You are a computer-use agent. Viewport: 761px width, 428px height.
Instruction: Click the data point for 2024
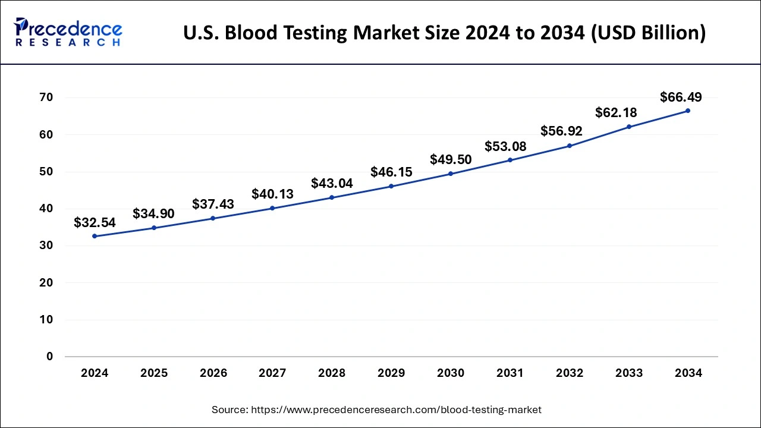click(95, 236)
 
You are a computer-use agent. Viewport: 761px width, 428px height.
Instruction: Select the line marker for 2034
click(688, 111)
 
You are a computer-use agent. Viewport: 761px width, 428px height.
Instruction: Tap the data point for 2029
click(391, 186)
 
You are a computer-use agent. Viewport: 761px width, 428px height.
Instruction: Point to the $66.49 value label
click(681, 97)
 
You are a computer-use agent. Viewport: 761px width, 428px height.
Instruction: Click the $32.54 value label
click(95, 223)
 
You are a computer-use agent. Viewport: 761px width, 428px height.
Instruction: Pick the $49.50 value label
click(451, 159)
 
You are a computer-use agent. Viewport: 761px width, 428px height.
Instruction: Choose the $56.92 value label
click(561, 131)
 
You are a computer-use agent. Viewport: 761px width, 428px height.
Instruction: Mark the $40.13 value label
click(272, 194)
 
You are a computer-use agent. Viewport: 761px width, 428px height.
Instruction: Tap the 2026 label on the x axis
click(213, 373)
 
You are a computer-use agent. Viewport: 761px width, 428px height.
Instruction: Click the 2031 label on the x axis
click(510, 373)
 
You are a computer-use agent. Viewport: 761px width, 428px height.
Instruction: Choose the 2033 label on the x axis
click(629, 373)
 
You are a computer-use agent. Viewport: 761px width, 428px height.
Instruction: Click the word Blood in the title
click(253, 33)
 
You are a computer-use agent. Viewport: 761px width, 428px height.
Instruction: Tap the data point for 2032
click(570, 146)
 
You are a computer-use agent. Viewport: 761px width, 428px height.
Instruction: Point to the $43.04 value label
click(332, 184)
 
